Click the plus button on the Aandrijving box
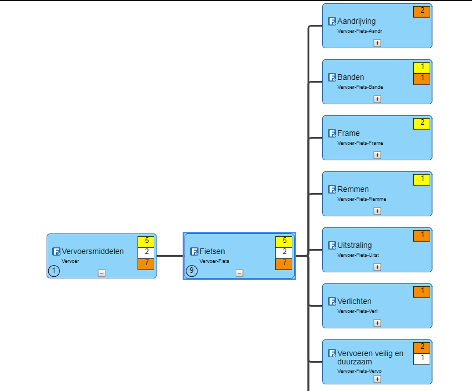[377, 43]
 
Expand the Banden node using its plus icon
[377, 99]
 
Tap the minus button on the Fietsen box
[239, 273]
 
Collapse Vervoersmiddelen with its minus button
[101, 273]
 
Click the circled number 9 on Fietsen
[192, 271]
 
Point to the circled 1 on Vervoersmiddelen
[54, 271]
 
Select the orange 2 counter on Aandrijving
[422, 12]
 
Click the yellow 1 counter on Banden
[422, 68]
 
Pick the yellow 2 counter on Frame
[422, 124]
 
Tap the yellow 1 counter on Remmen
[422, 180]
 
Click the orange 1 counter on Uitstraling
[422, 236]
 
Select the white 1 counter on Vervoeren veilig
[422, 359]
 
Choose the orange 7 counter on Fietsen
[283, 264]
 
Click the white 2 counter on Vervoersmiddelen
[146, 253]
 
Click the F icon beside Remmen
[332, 189]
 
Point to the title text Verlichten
[354, 301]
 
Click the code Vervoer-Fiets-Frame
[360, 143]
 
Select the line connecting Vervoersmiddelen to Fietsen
[170, 256]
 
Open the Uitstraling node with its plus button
[377, 267]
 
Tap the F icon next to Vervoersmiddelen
[56, 251]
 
